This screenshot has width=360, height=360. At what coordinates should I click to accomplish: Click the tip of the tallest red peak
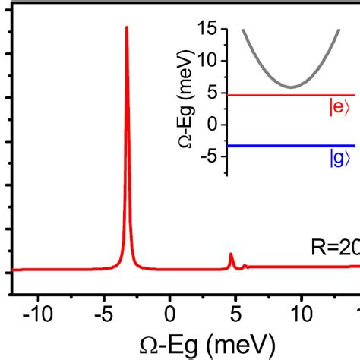pos(127,27)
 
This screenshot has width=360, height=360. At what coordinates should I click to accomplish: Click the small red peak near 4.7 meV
pos(231,255)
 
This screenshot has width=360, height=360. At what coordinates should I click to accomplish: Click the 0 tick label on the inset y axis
pos(213,124)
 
